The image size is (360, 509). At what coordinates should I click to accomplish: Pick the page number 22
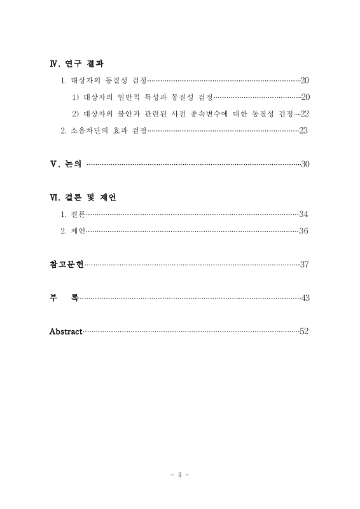304,113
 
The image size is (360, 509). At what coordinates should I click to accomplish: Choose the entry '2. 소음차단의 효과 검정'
104,130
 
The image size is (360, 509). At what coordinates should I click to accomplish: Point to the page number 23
303,130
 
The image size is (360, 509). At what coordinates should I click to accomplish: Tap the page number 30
304,164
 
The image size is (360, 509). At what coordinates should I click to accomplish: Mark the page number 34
303,214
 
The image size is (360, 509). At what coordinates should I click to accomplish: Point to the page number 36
303,230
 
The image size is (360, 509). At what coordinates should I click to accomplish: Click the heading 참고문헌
66,264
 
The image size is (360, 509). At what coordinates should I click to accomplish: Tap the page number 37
304,264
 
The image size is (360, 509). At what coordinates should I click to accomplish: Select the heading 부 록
64,298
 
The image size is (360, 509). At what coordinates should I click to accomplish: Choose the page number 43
304,298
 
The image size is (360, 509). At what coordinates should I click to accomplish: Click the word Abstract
66,331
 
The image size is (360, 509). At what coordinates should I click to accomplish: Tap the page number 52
304,331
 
